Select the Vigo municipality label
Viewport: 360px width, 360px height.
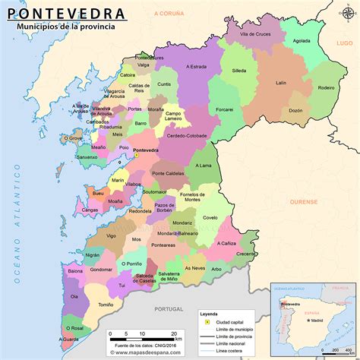(x=111, y=236)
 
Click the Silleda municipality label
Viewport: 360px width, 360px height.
(x=239, y=71)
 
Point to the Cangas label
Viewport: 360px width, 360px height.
(x=90, y=209)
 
